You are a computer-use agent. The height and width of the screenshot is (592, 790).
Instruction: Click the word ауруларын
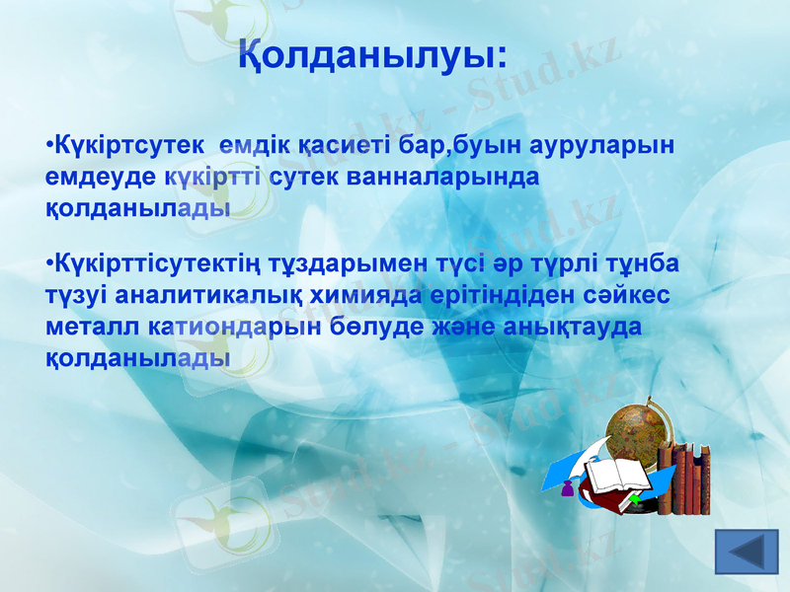pyautogui.click(x=602, y=145)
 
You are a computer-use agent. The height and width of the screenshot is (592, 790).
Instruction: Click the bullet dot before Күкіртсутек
pyautogui.click(x=49, y=146)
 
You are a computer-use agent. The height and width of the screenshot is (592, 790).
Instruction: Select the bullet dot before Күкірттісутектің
pyautogui.click(x=49, y=265)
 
